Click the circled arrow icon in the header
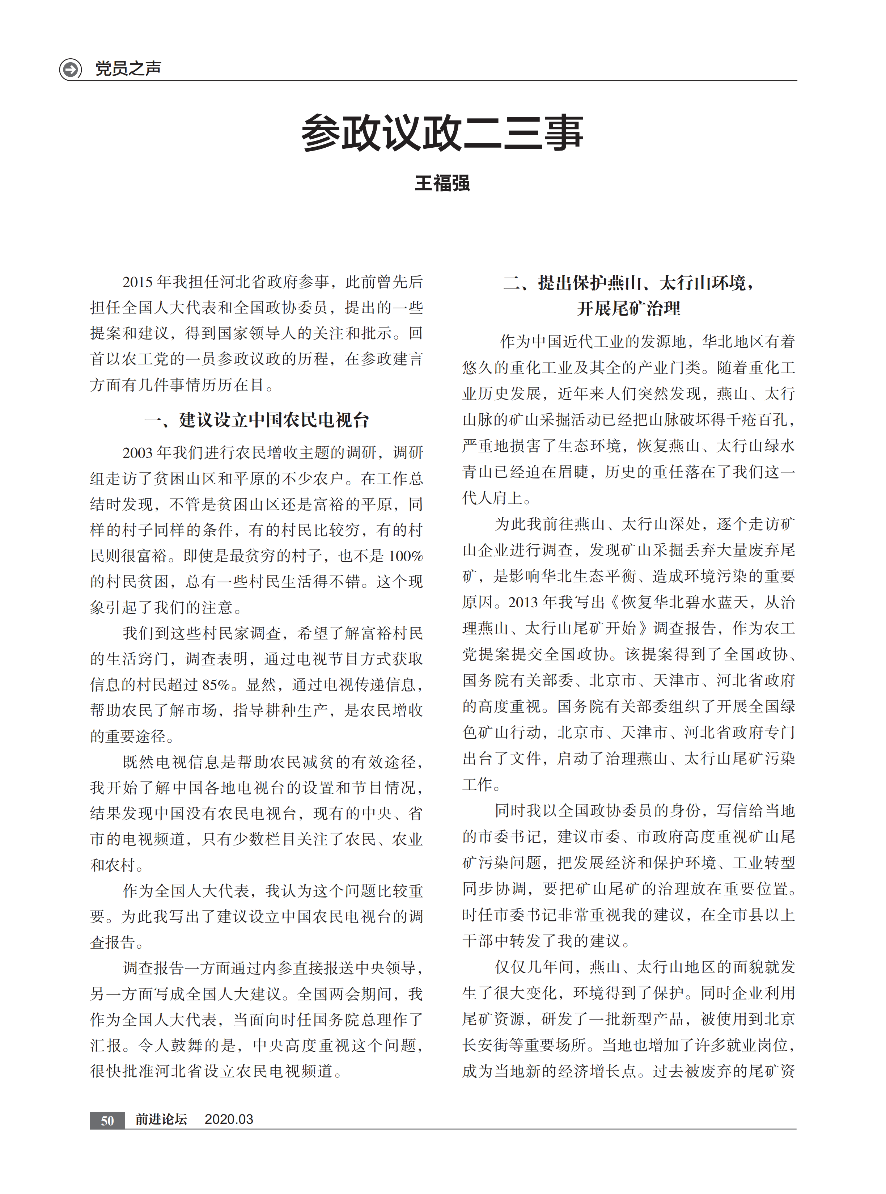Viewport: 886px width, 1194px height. click(x=70, y=69)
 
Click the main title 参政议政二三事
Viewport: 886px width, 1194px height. click(x=442, y=132)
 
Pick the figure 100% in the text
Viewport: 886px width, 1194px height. click(x=406, y=556)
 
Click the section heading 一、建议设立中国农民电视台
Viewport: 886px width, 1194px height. click(x=257, y=420)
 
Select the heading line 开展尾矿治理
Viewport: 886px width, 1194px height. click(x=628, y=308)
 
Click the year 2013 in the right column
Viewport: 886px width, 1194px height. click(x=523, y=602)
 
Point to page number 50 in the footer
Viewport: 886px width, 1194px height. click(x=107, y=1121)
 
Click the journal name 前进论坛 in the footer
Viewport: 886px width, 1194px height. click(x=161, y=1119)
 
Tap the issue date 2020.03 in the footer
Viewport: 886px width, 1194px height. click(x=229, y=1119)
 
